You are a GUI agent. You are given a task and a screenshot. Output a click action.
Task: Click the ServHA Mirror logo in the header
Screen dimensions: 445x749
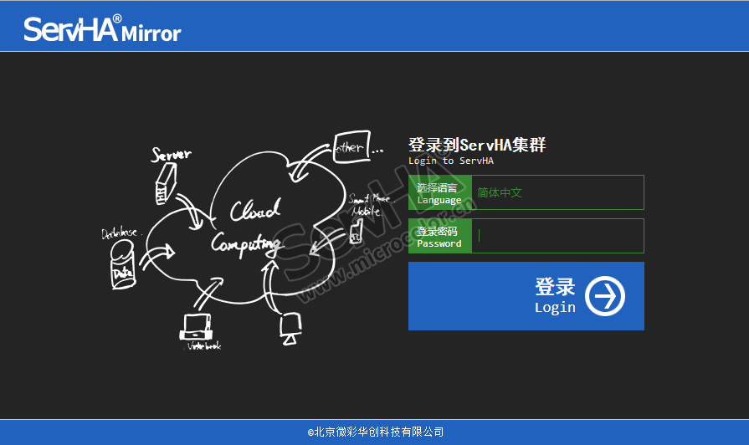tap(102, 29)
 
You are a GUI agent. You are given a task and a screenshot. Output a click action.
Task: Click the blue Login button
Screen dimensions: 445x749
tap(526, 296)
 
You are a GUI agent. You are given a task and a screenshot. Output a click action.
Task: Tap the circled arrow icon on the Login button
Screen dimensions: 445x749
tap(604, 296)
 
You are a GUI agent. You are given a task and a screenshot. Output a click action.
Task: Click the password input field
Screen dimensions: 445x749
tap(557, 236)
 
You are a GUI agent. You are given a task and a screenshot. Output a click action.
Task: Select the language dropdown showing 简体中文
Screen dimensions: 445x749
tap(557, 192)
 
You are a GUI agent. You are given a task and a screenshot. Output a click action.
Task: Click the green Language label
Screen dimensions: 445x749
tap(440, 193)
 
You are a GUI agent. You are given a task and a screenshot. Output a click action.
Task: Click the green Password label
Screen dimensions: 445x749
tap(440, 237)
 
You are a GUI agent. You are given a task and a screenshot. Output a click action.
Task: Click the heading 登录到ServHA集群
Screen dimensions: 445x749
tap(477, 145)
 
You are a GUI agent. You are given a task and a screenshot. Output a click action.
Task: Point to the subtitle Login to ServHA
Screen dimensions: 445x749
tap(450, 161)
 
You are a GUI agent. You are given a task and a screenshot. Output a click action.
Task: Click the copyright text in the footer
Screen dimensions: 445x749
tap(375, 432)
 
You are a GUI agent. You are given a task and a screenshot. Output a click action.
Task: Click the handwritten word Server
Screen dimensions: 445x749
tap(171, 154)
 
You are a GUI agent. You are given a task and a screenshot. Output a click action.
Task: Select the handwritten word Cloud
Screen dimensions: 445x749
tap(255, 210)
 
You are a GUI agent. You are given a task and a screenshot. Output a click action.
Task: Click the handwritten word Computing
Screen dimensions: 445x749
tap(245, 243)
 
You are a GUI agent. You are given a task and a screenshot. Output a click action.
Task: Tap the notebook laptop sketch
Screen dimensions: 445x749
tap(198, 327)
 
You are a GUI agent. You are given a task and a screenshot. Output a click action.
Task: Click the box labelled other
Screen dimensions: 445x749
tap(350, 147)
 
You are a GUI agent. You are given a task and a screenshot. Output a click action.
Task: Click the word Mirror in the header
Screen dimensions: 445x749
tap(151, 34)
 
